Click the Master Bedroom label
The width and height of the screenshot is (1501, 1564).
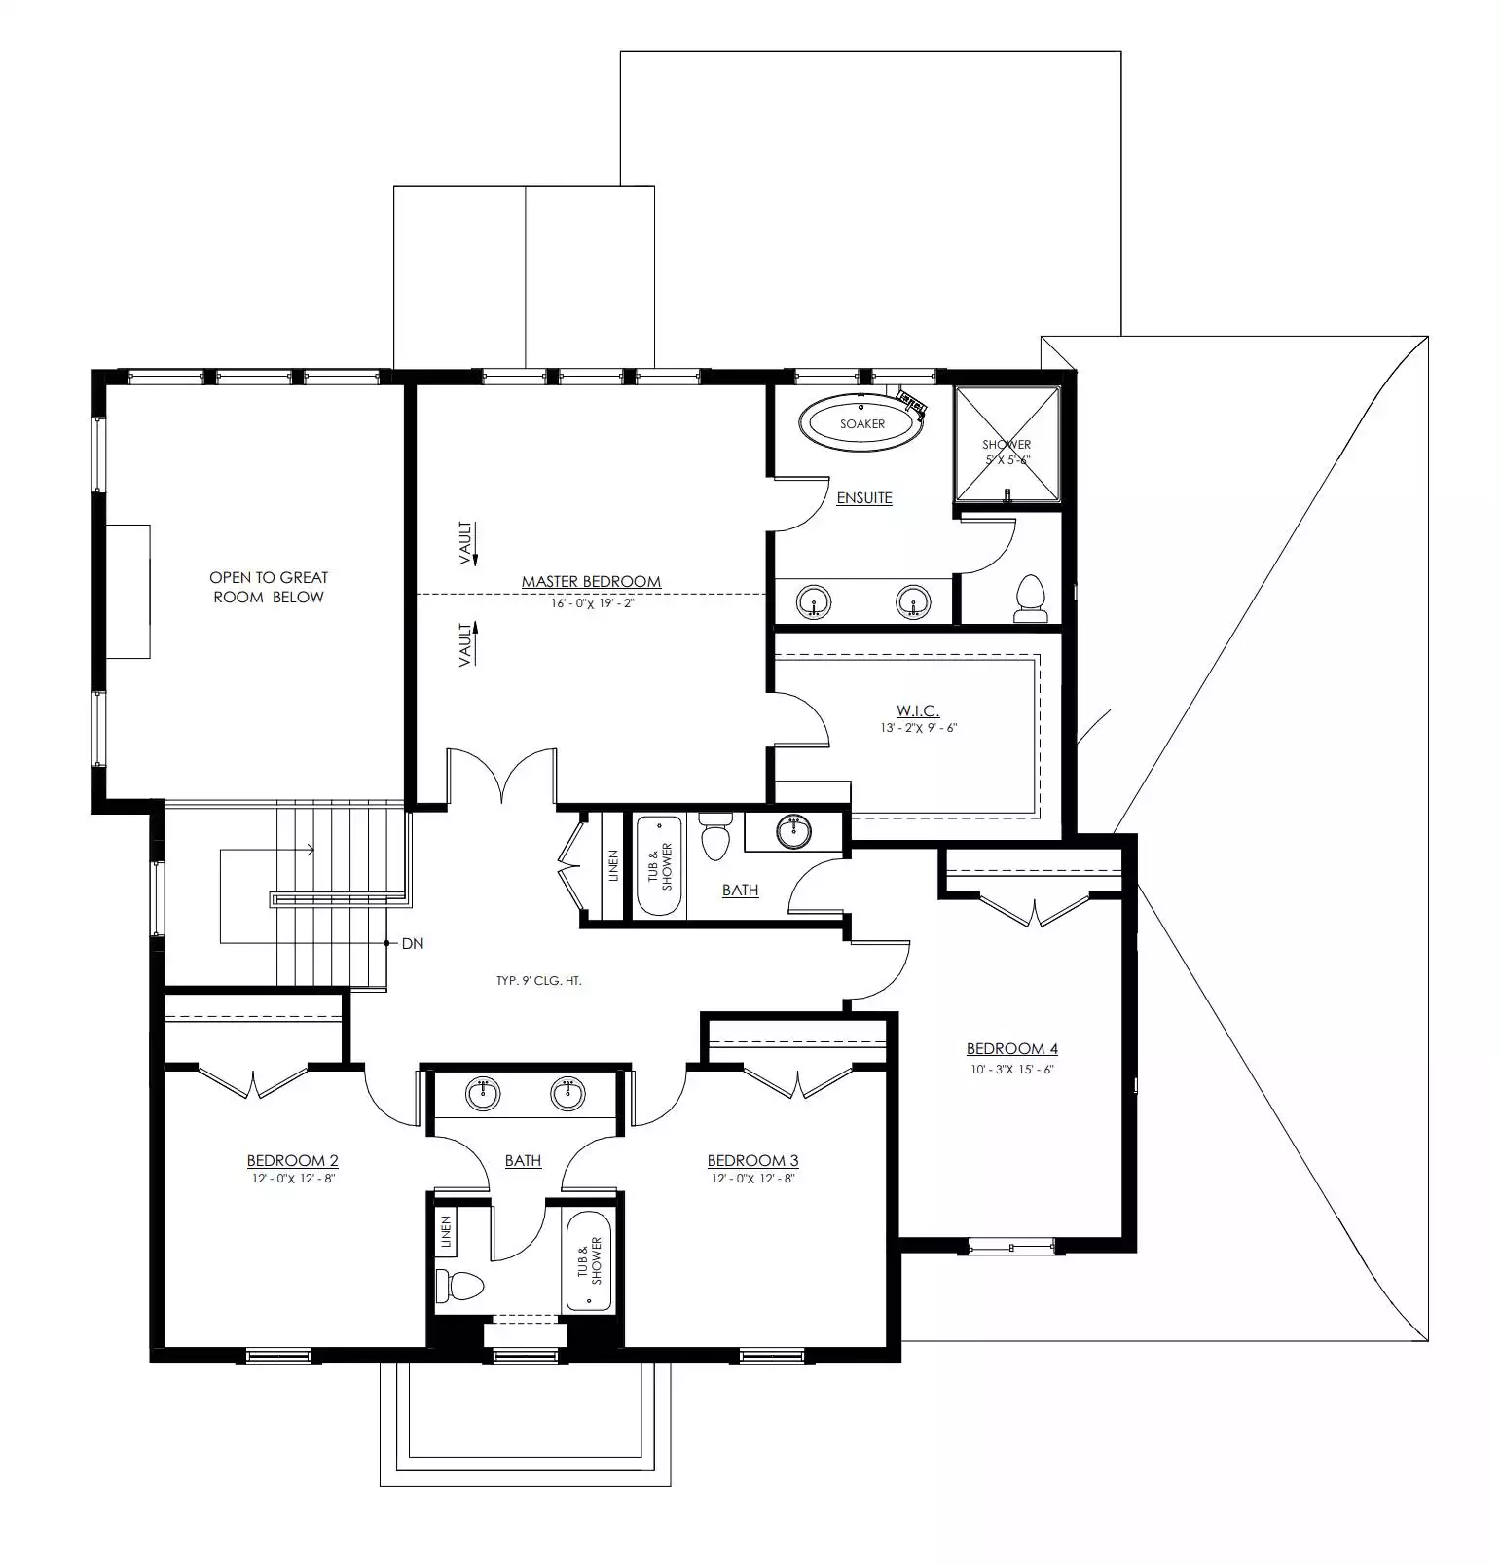(x=591, y=581)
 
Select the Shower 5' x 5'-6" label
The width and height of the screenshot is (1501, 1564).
(x=1007, y=452)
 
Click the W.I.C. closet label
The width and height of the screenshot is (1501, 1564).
(x=917, y=710)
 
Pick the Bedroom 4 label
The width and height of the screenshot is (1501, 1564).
(x=1011, y=1048)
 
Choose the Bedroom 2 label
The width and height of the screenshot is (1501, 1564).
(x=292, y=1160)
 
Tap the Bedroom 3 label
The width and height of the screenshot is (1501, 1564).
(x=752, y=1160)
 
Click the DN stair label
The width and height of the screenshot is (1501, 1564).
(x=413, y=943)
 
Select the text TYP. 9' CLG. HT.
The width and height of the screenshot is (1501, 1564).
(x=538, y=981)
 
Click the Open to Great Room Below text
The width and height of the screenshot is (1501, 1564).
(x=269, y=587)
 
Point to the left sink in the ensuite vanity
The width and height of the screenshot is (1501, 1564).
(x=814, y=602)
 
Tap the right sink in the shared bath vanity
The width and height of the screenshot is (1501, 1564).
(x=567, y=1094)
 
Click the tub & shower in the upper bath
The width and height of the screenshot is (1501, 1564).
(x=659, y=865)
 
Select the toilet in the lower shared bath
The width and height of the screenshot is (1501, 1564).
(x=459, y=1286)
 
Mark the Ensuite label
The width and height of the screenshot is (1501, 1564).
(x=864, y=497)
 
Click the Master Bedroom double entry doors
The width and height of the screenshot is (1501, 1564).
(x=501, y=776)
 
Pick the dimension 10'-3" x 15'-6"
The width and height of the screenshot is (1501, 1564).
(x=1011, y=1069)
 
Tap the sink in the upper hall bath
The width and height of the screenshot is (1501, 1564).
(x=794, y=832)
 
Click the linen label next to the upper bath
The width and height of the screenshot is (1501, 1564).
(x=613, y=865)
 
